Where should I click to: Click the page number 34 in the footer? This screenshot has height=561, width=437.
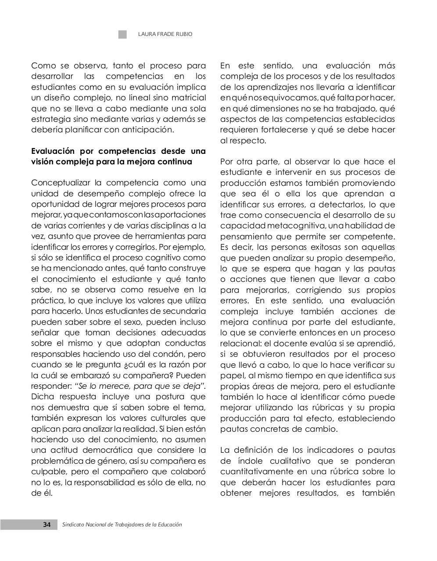click(x=47, y=525)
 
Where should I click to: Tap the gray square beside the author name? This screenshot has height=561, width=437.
click(x=122, y=34)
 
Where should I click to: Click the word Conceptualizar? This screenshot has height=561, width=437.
click(x=61, y=183)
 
